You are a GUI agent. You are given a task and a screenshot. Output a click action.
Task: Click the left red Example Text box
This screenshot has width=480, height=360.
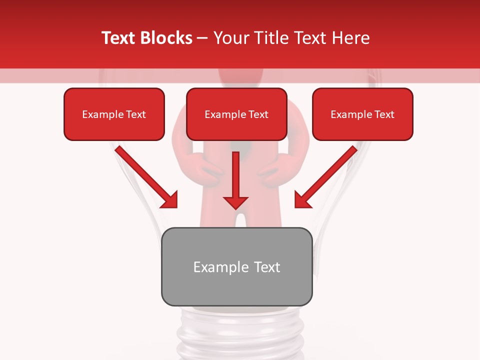[x=114, y=114]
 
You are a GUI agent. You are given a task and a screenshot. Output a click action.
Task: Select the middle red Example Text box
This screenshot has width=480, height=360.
[x=236, y=114]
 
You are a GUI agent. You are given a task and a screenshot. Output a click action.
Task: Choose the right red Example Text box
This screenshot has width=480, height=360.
[x=362, y=114]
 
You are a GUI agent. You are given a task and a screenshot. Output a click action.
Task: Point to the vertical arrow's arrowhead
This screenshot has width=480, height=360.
[x=235, y=202]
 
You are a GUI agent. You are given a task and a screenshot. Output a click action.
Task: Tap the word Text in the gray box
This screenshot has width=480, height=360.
[x=267, y=267]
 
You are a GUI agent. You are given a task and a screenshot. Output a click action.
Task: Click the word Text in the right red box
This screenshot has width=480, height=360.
[x=384, y=114]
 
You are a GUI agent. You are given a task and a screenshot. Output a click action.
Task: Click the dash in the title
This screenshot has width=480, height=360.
[x=202, y=38]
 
